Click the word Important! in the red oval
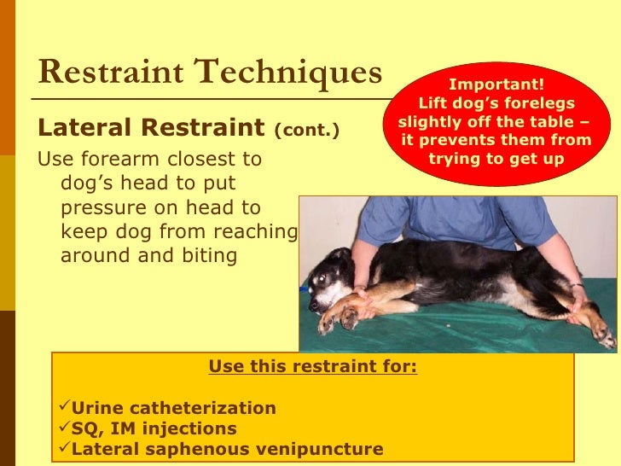[496, 84]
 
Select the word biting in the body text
[206, 256]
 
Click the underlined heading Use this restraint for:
[313, 368]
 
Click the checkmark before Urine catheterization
[61, 408]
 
